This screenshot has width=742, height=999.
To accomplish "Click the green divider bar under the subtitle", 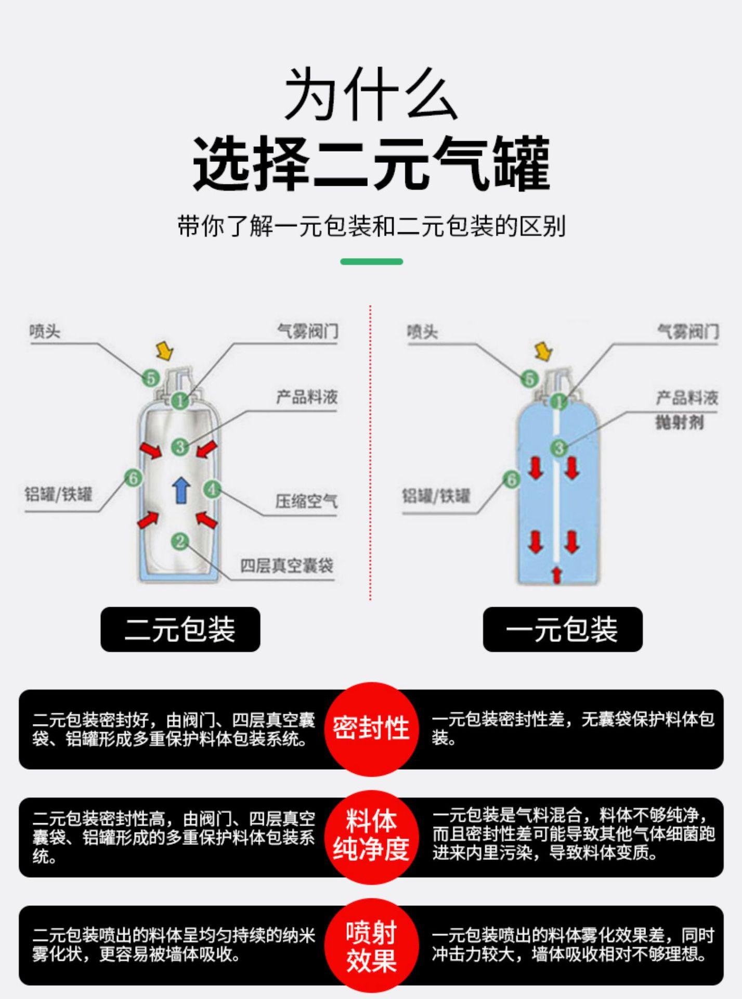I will (371, 262).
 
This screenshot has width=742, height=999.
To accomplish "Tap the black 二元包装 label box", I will (180, 629).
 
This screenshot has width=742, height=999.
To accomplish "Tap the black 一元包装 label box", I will (562, 629).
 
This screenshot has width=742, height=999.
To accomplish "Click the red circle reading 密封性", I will (371, 728).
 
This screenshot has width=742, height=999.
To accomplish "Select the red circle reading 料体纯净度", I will (371, 836).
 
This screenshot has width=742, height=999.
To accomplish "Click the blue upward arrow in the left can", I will (181, 490).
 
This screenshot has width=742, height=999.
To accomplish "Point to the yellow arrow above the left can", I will (165, 351).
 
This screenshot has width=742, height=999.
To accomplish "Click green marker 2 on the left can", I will (180, 542).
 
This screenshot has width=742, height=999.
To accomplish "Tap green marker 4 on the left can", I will (212, 489).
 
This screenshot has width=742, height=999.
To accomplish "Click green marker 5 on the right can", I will (529, 378).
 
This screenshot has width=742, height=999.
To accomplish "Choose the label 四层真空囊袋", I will (287, 566).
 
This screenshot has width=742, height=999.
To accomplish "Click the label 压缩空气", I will (306, 502).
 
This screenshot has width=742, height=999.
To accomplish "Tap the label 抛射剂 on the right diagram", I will (680, 422).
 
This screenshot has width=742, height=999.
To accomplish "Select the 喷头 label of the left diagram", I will (45, 331).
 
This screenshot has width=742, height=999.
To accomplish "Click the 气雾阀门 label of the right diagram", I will (688, 331).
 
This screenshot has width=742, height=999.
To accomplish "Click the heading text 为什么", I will (371, 94).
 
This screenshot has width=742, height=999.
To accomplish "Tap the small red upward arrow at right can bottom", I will (556, 575).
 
